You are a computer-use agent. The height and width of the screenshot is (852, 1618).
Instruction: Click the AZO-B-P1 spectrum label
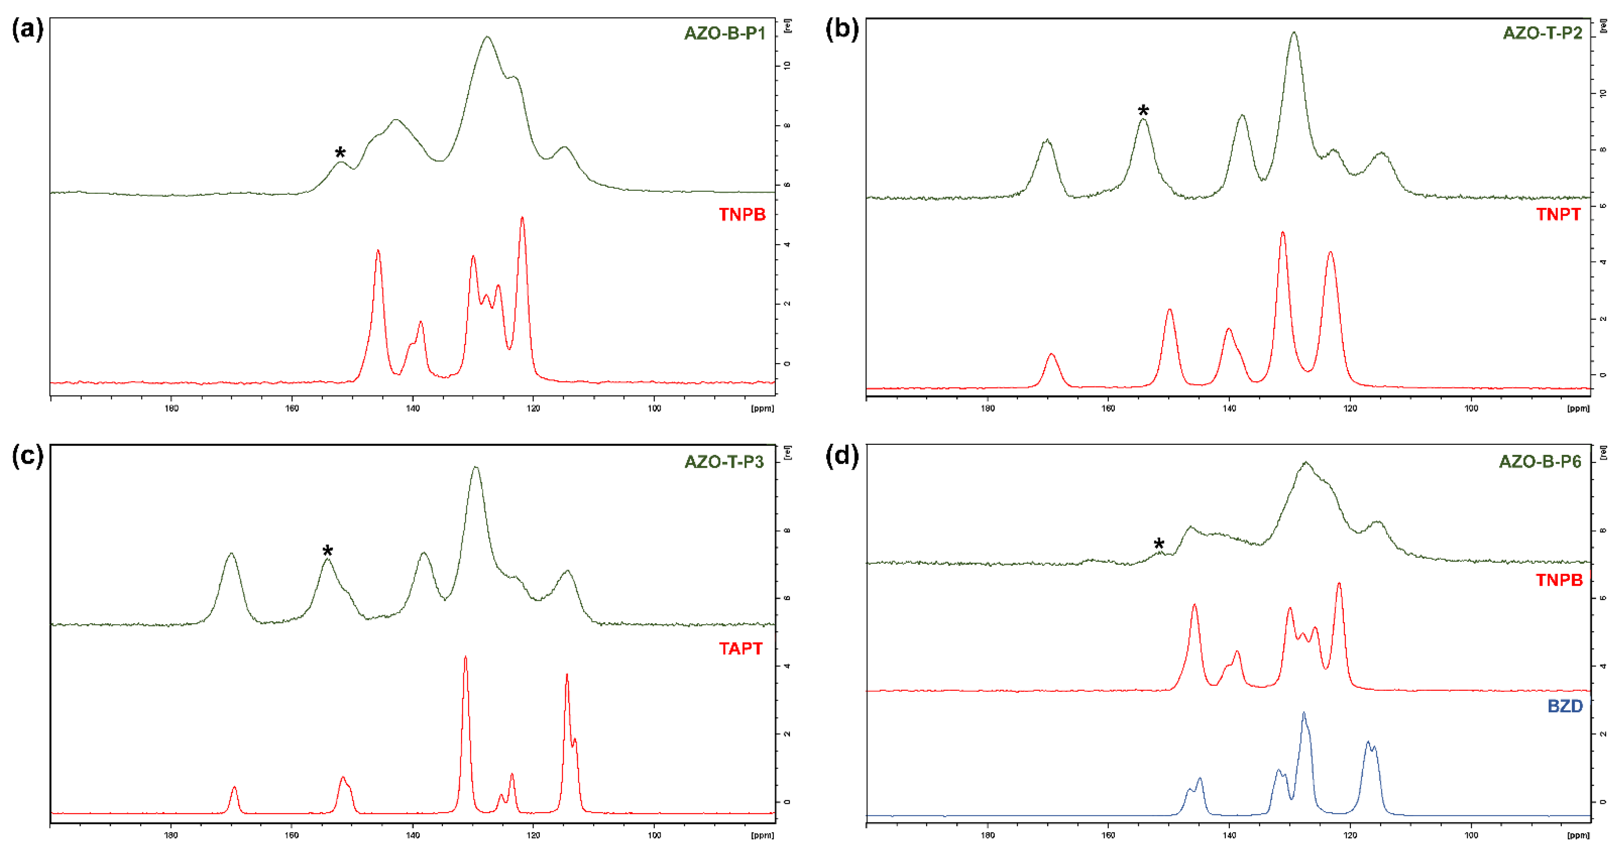724,33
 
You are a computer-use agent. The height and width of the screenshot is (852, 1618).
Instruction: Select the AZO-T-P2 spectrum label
1542,33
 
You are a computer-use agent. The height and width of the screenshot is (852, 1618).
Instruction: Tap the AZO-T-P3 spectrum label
724,462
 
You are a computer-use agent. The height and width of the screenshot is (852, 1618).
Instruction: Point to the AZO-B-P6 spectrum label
1540,462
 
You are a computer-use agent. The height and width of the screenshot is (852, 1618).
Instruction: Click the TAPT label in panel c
740,649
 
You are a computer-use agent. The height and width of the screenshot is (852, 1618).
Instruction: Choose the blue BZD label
1565,706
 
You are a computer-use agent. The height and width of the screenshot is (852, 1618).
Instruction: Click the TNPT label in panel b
1558,215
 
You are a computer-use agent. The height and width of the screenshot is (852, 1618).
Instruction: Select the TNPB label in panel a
742,215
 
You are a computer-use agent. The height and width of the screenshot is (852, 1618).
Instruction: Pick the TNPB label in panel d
1559,580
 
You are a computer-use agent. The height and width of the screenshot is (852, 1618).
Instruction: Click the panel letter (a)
28,30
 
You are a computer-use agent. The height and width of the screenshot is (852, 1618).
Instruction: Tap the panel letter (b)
842,30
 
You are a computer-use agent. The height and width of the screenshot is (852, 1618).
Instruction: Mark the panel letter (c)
28,456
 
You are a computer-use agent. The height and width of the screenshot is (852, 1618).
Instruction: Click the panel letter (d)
842,456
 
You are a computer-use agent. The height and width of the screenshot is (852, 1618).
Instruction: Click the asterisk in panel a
340,153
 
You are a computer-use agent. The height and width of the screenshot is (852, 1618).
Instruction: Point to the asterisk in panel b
1143,111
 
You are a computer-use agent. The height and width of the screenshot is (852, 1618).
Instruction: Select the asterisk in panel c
327,551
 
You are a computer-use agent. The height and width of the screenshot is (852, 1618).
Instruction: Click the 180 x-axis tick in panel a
171,408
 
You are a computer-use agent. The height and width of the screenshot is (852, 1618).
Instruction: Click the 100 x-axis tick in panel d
1471,835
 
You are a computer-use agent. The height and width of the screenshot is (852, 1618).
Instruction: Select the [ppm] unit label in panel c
762,835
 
